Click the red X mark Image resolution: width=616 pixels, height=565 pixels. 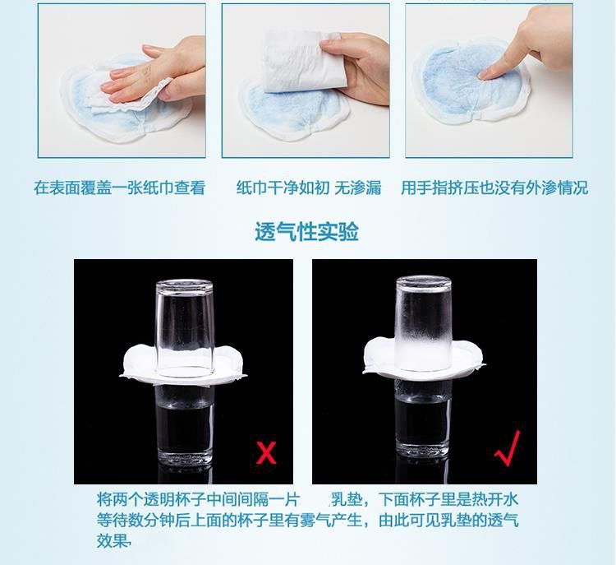coord(266,452)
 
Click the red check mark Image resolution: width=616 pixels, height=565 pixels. coord(508,448)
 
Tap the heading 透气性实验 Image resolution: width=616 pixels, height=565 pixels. coord(307,232)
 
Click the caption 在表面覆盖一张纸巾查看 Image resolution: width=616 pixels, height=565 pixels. coord(119,188)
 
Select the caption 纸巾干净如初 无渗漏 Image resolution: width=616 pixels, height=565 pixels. coord(309,188)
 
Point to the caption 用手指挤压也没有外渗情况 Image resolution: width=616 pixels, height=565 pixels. coord(494,188)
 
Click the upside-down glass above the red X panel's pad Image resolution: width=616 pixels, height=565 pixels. coord(185,326)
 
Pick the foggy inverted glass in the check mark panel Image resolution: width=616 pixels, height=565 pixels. coord(424,323)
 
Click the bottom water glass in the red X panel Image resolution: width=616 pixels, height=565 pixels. coord(185,425)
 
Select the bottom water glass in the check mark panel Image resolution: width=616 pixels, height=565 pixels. coord(423,420)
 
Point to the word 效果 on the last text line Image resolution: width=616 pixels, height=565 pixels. coord(113,541)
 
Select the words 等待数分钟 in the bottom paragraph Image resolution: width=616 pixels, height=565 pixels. coord(136,520)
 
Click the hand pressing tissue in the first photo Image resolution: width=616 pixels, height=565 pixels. coord(157,73)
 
